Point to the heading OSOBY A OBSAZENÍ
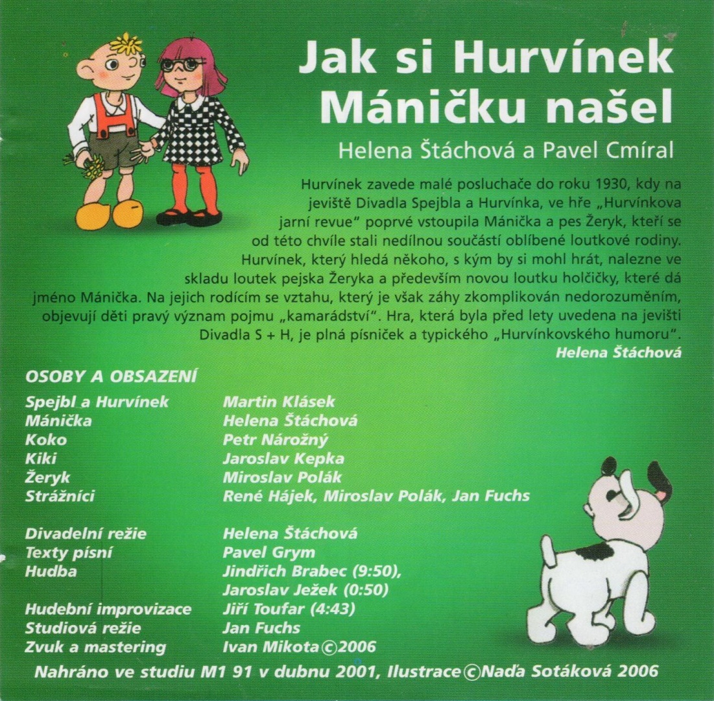[111, 377]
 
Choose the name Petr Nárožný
[276, 439]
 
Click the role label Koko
[45, 439]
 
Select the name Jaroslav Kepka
[283, 458]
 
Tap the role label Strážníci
[60, 496]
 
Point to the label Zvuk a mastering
[95, 647]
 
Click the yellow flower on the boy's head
[126, 44]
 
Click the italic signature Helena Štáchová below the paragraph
[618, 352]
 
